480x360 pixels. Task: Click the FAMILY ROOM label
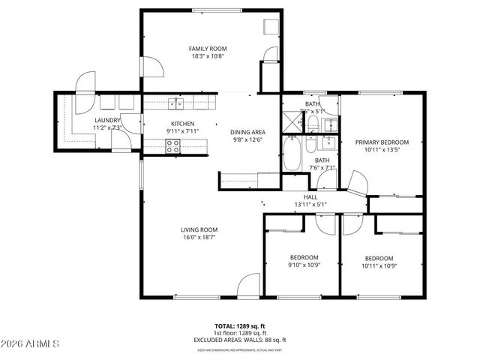pos(206,48)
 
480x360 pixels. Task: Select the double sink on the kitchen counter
pos(178,103)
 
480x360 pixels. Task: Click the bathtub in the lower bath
pos(292,154)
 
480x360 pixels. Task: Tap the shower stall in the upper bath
pos(290,121)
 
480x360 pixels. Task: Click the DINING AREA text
pos(247,132)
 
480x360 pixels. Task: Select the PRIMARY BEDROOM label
pos(382,142)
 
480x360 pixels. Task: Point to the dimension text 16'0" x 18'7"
pos(199,238)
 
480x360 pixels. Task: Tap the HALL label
pos(310,196)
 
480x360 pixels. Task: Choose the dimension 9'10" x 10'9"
pos(304,265)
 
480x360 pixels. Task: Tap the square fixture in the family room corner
pos(270,26)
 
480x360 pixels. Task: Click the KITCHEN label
pos(183,124)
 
